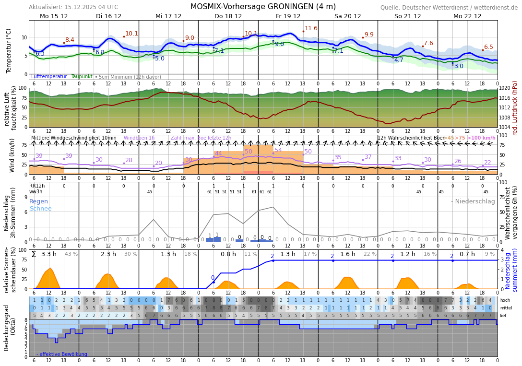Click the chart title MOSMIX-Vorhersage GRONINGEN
click(x=263, y=7)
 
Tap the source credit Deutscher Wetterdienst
click(x=449, y=8)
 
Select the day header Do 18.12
click(x=228, y=16)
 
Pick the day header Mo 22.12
click(x=467, y=16)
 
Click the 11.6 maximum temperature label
click(x=311, y=28)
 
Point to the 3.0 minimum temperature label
click(x=459, y=66)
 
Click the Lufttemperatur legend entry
click(x=49, y=77)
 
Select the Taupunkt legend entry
click(x=82, y=77)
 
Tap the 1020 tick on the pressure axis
click(x=505, y=88)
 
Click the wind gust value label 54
click(x=278, y=150)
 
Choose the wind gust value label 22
click(x=487, y=163)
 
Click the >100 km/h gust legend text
click(x=481, y=138)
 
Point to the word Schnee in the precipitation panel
click(x=40, y=209)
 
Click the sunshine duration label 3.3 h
click(x=49, y=254)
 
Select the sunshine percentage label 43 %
click(x=71, y=254)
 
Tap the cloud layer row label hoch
click(x=505, y=300)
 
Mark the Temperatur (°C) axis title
click(x=9, y=50)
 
